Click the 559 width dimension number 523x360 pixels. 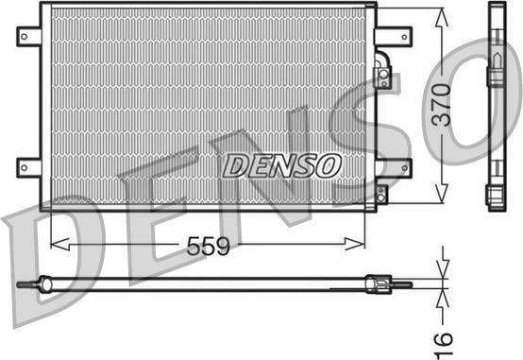[208, 246]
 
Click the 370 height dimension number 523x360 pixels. [441, 105]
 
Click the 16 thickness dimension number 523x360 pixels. [442, 344]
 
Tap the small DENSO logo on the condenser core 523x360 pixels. [282, 165]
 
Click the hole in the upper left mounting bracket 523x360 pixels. [24, 37]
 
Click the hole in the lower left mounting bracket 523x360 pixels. [24, 167]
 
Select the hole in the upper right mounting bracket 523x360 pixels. [404, 37]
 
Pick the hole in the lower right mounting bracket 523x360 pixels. [405, 167]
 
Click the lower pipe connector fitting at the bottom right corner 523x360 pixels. [380, 194]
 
